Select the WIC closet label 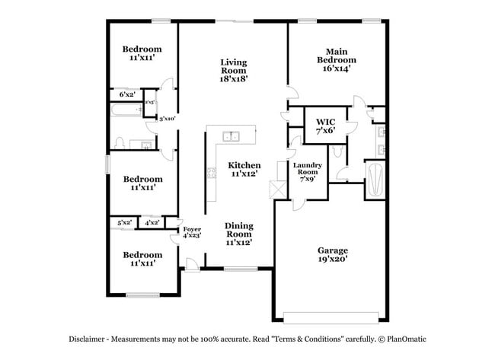(x=326, y=121)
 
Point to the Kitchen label (x=245, y=165)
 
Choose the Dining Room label (x=239, y=230)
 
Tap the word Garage (x=333, y=250)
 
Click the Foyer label (x=191, y=229)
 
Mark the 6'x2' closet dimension (x=127, y=95)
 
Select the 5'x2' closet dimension (x=124, y=222)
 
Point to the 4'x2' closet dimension (x=152, y=222)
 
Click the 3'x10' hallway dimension (x=167, y=118)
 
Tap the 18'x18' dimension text (x=234, y=78)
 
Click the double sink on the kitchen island (x=231, y=136)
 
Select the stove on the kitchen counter (x=211, y=174)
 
